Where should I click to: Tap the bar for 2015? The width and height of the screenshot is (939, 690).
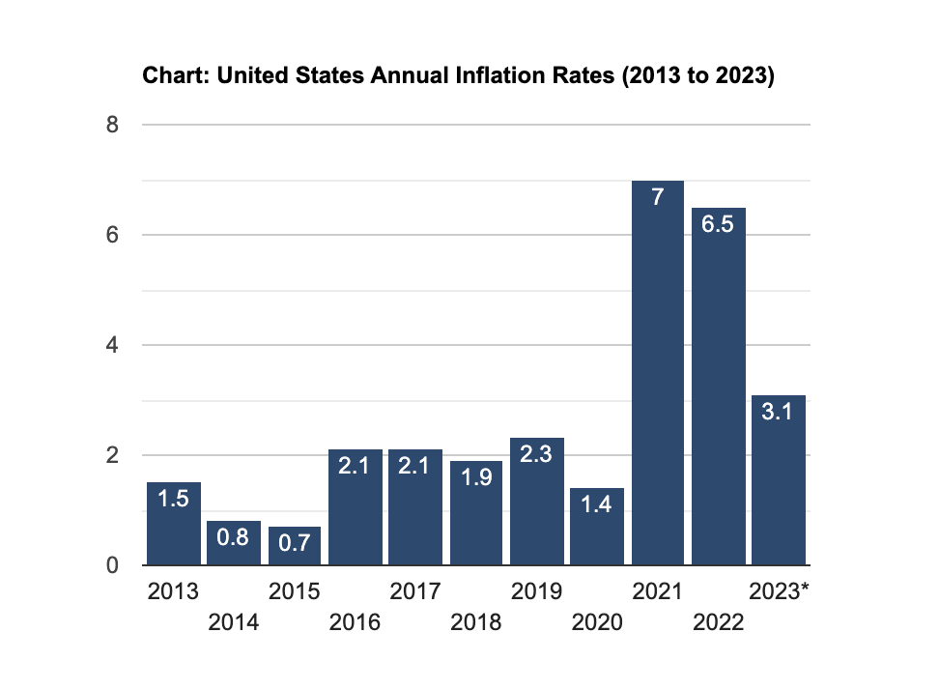[x=294, y=546]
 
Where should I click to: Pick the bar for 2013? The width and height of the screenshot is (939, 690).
[x=173, y=527]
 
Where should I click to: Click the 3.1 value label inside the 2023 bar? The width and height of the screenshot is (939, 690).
[x=779, y=413]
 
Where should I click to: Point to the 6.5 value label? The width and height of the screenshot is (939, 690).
[x=718, y=225]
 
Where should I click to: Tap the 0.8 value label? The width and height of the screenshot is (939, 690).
[x=233, y=539]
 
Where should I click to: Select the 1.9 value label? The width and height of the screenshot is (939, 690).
[x=476, y=478]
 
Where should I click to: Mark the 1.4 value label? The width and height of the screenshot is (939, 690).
[x=596, y=505]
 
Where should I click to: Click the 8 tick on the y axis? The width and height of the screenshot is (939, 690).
[x=113, y=125]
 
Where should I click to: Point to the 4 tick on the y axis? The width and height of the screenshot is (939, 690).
[x=113, y=345]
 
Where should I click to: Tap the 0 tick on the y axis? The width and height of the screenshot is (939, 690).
[x=113, y=565]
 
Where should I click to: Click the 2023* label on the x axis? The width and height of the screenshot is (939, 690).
[x=779, y=591]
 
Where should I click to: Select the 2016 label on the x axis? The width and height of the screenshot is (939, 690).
[x=355, y=621]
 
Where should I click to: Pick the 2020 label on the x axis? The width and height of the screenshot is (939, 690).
[x=596, y=621]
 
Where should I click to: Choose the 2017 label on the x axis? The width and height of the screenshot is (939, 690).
[x=415, y=591]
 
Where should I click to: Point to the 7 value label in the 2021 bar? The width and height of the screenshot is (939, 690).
[x=657, y=198]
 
